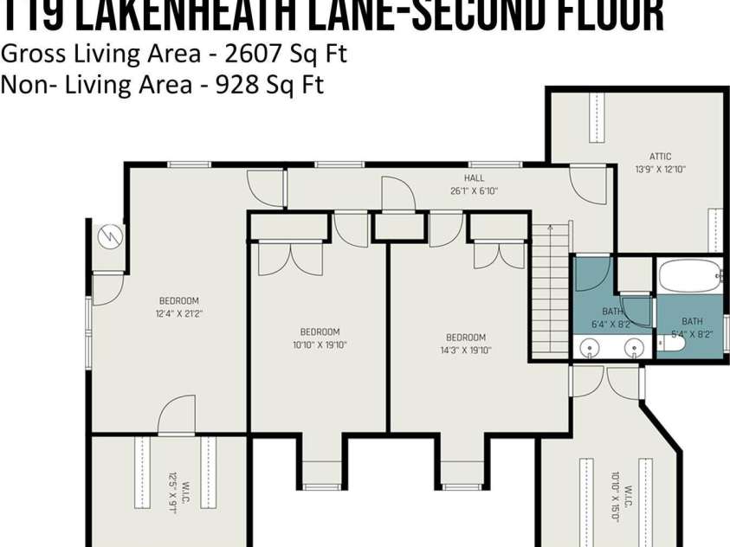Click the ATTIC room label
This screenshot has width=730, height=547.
pyautogui.click(x=661, y=157)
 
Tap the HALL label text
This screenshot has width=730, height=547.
pyautogui.click(x=474, y=177)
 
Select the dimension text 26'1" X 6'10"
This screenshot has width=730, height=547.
pyautogui.click(x=474, y=190)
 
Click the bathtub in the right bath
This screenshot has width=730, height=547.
pyautogui.click(x=689, y=278)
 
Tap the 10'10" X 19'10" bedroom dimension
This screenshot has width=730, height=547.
pyautogui.click(x=320, y=344)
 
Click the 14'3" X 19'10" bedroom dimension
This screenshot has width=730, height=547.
pyautogui.click(x=466, y=351)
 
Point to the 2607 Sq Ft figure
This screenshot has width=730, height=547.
pyautogui.click(x=285, y=54)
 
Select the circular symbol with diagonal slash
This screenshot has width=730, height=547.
pyautogui.click(x=110, y=235)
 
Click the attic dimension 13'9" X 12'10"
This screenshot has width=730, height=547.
pyautogui.click(x=661, y=170)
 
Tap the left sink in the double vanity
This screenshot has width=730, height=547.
pyautogui.click(x=591, y=349)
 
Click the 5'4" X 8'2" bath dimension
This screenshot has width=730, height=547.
pyautogui.click(x=692, y=333)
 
